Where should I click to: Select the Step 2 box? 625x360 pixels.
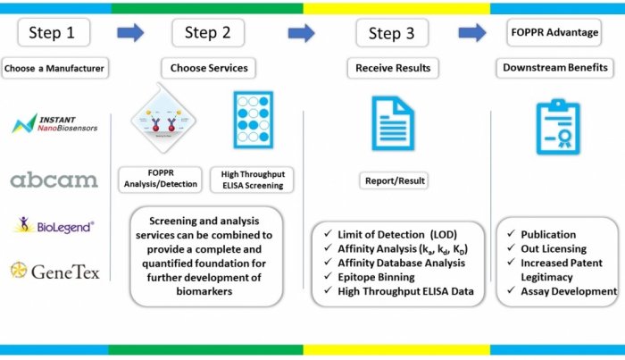[x=208, y=32]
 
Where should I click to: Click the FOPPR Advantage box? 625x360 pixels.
[x=554, y=32]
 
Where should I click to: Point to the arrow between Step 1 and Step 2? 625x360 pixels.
[x=131, y=33]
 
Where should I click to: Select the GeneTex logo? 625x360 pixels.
[x=54, y=268]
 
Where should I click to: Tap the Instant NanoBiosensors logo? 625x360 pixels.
[x=55, y=123]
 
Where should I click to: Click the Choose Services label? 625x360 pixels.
[x=209, y=68]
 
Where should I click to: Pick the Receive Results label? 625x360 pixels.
[x=394, y=68]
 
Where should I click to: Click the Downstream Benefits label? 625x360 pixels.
[x=556, y=68]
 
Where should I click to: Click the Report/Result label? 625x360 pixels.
[x=394, y=180]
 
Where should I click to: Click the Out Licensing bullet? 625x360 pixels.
[x=552, y=249]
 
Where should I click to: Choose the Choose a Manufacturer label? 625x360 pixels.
[x=54, y=68]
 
